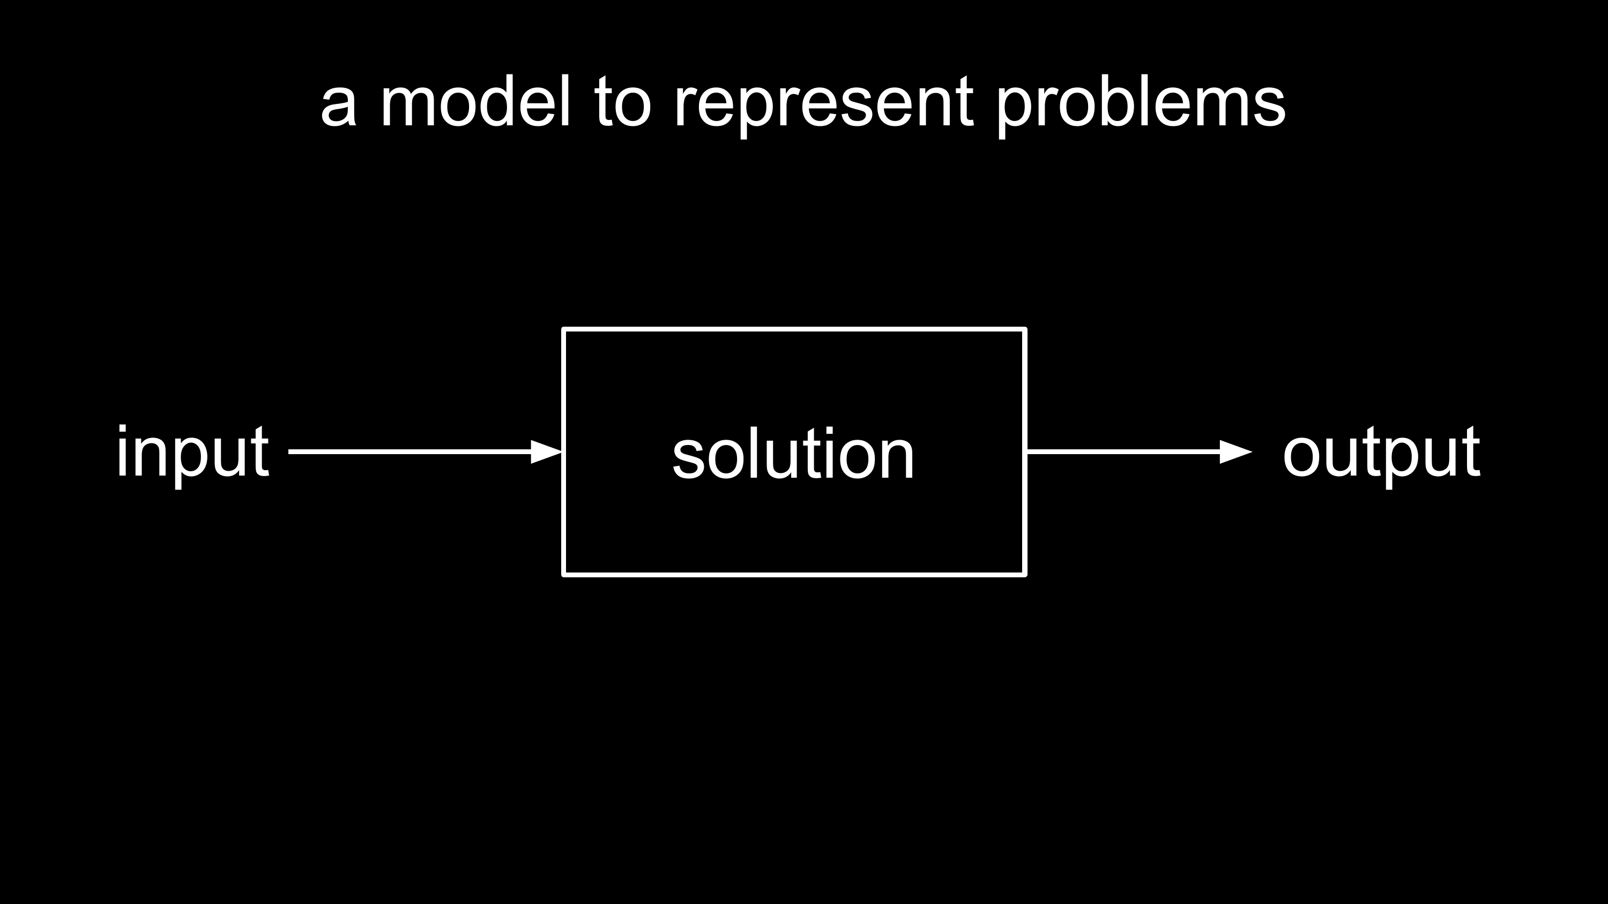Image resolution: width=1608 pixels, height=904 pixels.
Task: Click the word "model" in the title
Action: tap(475, 101)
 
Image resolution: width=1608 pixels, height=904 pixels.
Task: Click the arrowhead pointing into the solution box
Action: tap(546, 451)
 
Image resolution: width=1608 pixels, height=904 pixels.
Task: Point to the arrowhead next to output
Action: tap(1236, 451)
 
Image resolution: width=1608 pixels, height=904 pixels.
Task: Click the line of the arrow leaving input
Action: tap(410, 451)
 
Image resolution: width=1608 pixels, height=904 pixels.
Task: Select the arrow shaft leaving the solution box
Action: tap(1123, 451)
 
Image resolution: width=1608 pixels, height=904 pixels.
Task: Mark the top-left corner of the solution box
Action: tap(564, 329)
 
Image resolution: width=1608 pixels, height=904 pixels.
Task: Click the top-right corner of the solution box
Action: tap(1025, 329)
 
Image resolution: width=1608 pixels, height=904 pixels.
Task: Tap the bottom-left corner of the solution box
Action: tap(564, 574)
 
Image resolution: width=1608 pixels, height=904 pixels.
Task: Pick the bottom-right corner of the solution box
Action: tap(1025, 574)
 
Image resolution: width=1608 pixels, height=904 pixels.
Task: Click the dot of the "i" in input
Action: tap(122, 429)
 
